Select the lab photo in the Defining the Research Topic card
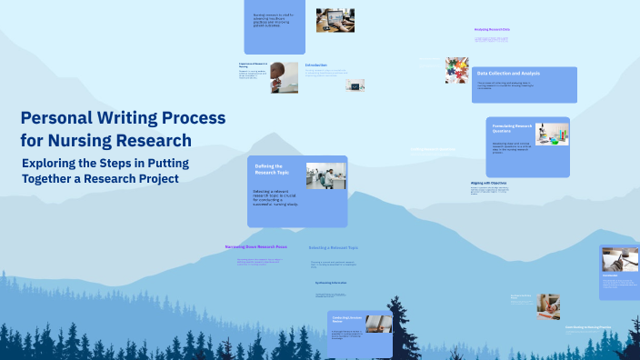(x=325, y=175)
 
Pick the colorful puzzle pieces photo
(x=457, y=70)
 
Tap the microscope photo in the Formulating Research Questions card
(x=552, y=134)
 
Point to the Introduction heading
(x=315, y=65)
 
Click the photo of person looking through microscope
(x=284, y=77)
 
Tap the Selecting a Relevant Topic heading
(x=333, y=247)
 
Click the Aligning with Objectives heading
(x=488, y=183)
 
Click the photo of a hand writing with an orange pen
(x=548, y=305)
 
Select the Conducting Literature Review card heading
(x=347, y=320)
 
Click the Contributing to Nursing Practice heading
(x=587, y=326)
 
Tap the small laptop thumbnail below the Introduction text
(x=355, y=85)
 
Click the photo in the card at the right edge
(x=621, y=259)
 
